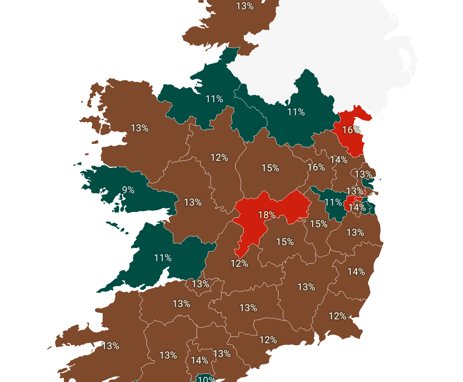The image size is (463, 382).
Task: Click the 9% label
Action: (x=128, y=190)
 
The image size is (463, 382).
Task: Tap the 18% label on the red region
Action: (x=267, y=215)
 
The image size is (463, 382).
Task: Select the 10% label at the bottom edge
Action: (x=206, y=379)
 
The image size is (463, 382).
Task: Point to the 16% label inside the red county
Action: (x=351, y=130)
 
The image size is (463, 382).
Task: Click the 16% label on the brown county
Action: (x=316, y=167)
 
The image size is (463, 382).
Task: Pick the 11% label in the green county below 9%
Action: (x=163, y=258)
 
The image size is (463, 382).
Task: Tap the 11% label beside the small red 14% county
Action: (x=333, y=202)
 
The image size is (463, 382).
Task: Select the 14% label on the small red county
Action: (x=357, y=207)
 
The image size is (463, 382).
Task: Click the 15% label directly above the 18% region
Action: (x=270, y=168)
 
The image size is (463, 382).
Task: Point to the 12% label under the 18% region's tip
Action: (x=239, y=263)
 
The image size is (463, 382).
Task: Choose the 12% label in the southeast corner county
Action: (x=337, y=316)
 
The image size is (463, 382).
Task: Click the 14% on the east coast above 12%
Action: (x=356, y=272)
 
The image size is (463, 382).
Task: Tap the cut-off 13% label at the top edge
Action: (x=245, y=6)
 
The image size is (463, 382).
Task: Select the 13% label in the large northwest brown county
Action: (x=139, y=128)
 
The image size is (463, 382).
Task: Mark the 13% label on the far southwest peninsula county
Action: (x=111, y=346)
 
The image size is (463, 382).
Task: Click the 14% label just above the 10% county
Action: (x=199, y=361)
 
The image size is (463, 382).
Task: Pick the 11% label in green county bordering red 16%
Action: (x=296, y=112)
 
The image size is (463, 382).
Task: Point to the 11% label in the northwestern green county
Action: (x=214, y=99)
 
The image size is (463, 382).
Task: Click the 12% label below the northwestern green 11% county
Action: (x=219, y=158)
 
